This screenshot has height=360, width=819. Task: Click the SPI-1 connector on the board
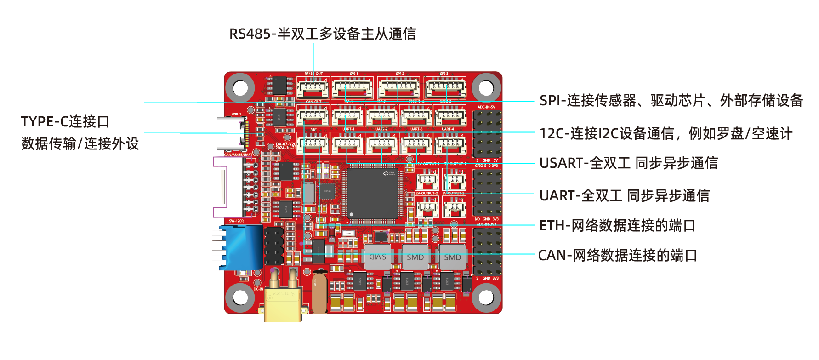pos(353,88)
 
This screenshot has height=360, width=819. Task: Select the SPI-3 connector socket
pos(445,88)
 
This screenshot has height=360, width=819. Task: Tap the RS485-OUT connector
pos(313,87)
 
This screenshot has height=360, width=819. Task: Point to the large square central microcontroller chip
pos(372,194)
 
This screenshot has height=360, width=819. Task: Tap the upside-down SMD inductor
pos(378,257)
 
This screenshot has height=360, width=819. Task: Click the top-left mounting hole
pos(240,88)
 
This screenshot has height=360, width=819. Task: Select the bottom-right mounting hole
pos(486,297)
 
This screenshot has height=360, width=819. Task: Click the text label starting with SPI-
pos(671,100)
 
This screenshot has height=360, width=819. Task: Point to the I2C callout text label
pos(666,133)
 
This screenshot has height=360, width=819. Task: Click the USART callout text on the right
pos(628,163)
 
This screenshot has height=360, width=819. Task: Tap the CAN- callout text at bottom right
pos(617,255)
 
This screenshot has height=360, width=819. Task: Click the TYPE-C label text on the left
pos(66,122)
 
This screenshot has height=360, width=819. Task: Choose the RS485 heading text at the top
pos(323,34)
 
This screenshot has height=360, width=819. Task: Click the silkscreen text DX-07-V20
pos(286,144)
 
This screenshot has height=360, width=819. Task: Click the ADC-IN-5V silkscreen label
pos(486,107)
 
